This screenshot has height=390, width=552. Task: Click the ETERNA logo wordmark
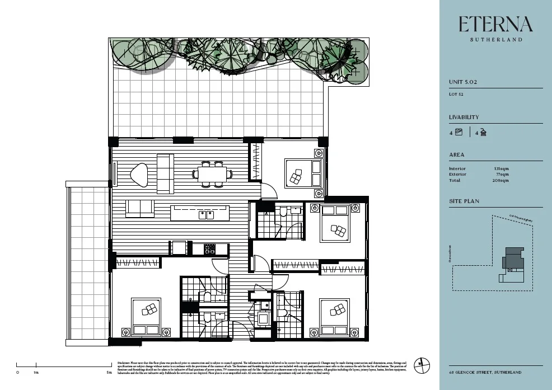(x=495, y=24)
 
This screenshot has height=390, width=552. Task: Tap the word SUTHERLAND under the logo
(x=495, y=40)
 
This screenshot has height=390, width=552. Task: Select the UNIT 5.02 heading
(x=463, y=82)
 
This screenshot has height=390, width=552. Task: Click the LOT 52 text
(x=456, y=94)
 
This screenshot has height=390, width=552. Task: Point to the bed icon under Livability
(x=459, y=133)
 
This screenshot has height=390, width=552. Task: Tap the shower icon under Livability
(x=483, y=133)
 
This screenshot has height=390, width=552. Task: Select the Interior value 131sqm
(x=501, y=168)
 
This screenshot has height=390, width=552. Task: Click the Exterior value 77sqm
(x=502, y=175)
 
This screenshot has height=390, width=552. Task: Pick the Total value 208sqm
(x=501, y=181)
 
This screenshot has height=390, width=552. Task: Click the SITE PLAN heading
(x=464, y=201)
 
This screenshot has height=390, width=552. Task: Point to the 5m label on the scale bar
(x=109, y=372)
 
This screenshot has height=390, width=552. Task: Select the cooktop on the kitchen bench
(x=209, y=248)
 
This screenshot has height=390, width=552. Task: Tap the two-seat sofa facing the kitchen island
(x=140, y=209)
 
